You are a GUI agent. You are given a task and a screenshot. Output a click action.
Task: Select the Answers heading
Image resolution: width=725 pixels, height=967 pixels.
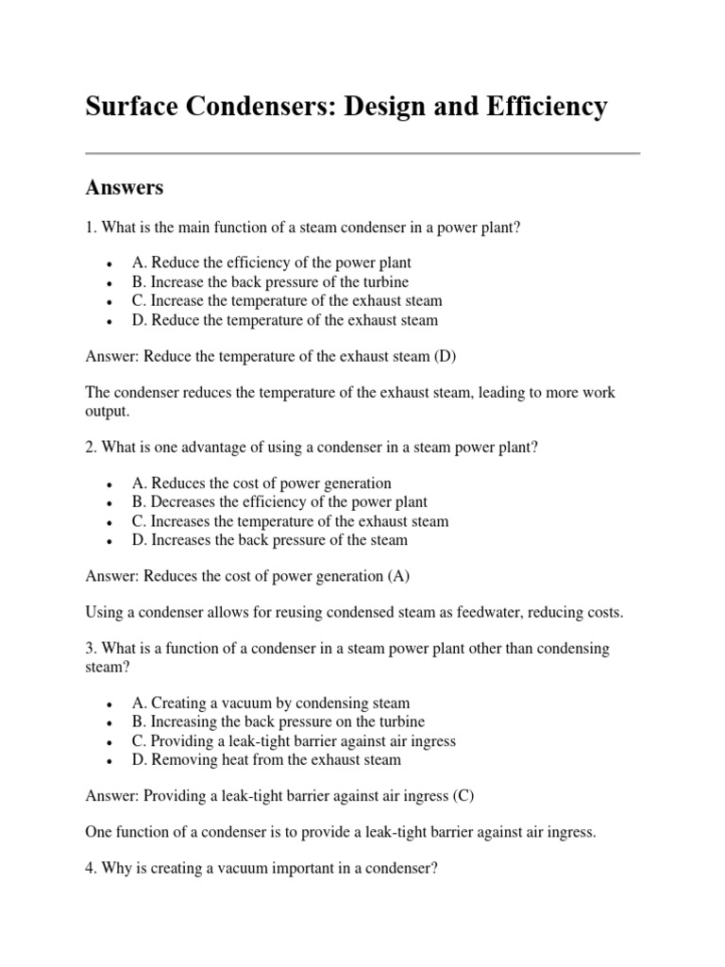[124, 187]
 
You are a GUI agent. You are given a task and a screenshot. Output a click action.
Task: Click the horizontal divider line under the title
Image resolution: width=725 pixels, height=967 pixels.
[362, 153]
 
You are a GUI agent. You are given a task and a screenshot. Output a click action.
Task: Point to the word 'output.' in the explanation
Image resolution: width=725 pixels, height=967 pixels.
[110, 413]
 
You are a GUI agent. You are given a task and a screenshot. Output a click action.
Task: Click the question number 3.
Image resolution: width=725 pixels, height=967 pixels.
[90, 649]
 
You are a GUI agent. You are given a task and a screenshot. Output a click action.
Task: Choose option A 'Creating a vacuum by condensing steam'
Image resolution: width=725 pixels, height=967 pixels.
[271, 704]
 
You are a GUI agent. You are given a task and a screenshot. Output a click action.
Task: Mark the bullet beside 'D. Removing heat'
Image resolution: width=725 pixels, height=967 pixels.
[111, 760]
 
